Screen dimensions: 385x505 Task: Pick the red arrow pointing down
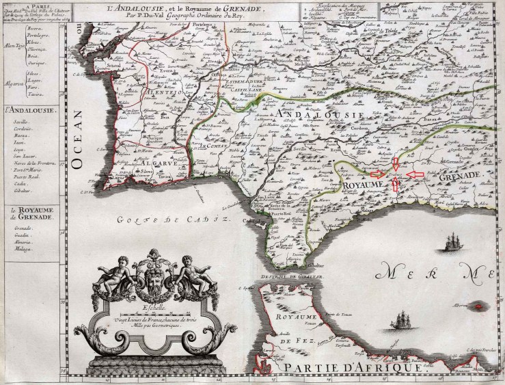pos(396,163)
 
